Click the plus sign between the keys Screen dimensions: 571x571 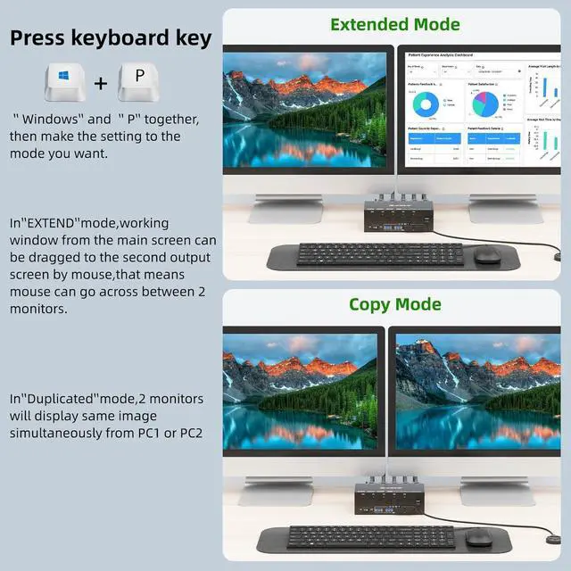tap(101, 84)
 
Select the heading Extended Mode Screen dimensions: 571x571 tap(395, 24)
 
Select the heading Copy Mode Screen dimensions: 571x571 tap(395, 304)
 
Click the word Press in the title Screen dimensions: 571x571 tap(41, 37)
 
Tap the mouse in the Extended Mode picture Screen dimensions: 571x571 tap(486, 256)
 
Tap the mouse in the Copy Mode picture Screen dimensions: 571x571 tap(479, 538)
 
